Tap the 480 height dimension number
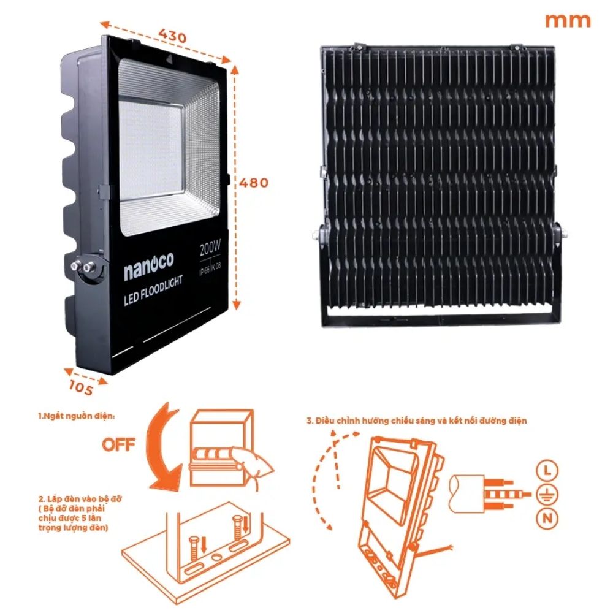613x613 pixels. tap(253, 183)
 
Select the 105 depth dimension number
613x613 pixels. tap(81, 387)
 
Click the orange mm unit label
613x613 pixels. tap(568, 20)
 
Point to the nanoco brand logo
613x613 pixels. tap(149, 272)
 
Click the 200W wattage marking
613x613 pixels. tap(211, 250)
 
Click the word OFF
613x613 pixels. tap(119, 444)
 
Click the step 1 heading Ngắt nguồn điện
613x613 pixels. tap(75, 416)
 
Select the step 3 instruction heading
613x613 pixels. tap(416, 421)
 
